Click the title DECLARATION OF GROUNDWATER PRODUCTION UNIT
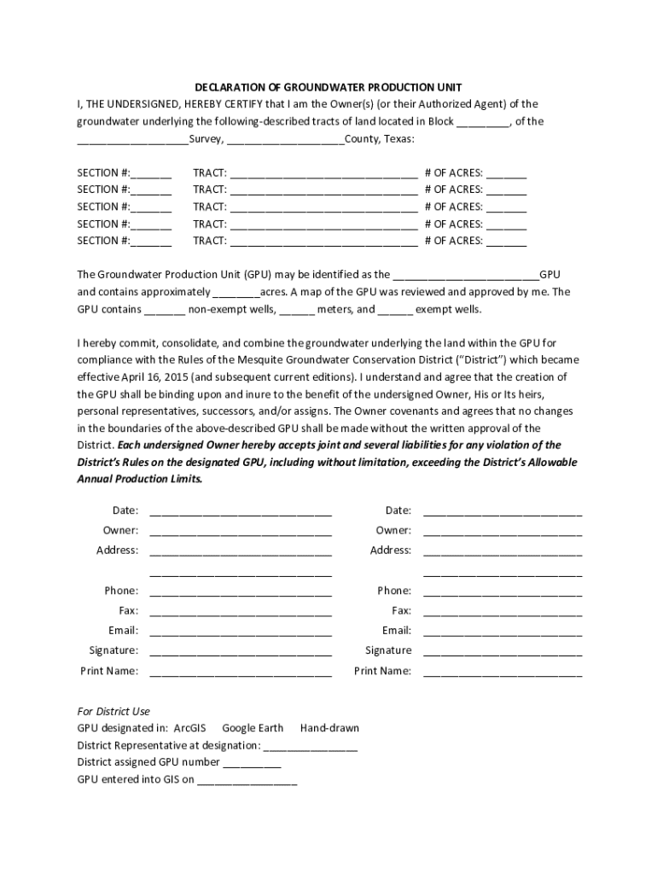328,87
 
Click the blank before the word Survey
132,140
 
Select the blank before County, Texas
286,140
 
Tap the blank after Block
483,123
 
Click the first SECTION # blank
152,174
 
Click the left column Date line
241,512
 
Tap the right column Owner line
503,532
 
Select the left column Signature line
241,652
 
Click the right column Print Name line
503,673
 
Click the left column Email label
123,631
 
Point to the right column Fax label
401,611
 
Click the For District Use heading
113,712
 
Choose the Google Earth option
253,729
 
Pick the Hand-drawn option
329,729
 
